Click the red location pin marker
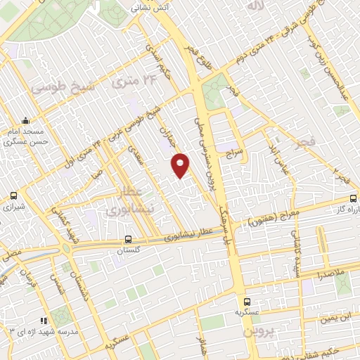point(181,165)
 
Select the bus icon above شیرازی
point(14,197)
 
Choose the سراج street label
point(233,150)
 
